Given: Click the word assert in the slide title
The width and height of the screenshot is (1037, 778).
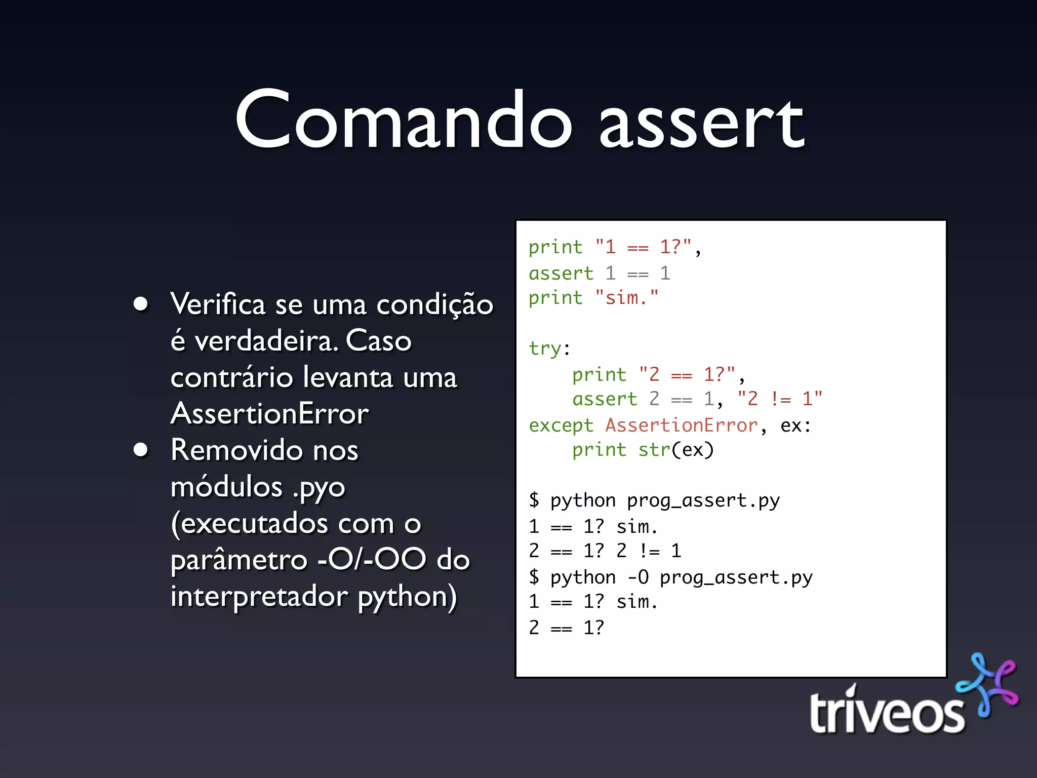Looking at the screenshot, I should [701, 124].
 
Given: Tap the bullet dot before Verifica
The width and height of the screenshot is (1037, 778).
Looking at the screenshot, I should [141, 304].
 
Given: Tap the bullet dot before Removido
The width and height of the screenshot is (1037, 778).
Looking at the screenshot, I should [141, 450].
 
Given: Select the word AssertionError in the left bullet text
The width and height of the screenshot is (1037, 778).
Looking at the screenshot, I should [269, 414].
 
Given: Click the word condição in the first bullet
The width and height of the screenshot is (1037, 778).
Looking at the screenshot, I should [434, 305].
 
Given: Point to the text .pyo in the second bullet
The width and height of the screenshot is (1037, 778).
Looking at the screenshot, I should [319, 488].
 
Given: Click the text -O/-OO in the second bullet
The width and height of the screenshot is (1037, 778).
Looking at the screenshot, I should [372, 560].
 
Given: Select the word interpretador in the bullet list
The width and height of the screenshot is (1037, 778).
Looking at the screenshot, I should [259, 596].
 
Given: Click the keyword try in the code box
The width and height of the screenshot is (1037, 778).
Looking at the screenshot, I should [545, 348].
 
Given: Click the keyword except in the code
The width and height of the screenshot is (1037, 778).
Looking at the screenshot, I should [561, 425].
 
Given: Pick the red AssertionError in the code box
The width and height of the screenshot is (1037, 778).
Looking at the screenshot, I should [682, 425].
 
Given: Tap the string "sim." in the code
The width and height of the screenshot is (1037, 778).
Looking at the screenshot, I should [627, 298].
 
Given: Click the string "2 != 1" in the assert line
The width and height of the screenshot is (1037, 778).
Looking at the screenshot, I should [780, 399].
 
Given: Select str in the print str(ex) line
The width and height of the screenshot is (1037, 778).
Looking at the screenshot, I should [654, 450].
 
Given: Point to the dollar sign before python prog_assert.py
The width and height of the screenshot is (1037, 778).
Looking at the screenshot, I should [534, 500].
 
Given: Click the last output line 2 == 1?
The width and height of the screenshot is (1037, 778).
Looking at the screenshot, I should [566, 628].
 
